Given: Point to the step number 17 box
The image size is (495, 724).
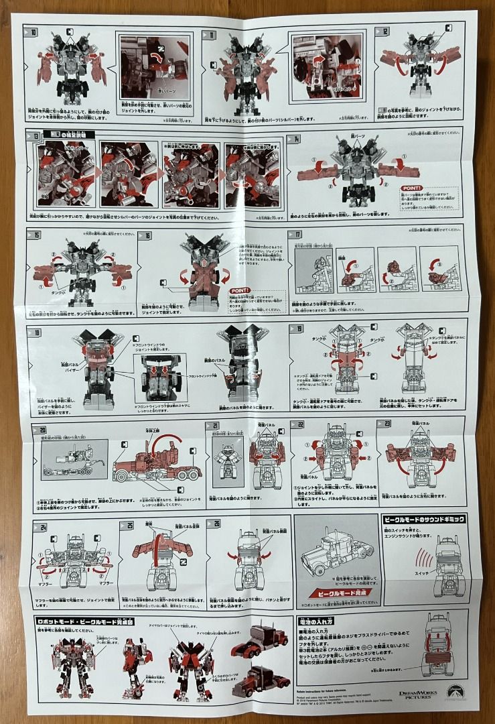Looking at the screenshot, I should click(299, 234).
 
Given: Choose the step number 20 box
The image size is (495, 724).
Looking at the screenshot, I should click(42, 429).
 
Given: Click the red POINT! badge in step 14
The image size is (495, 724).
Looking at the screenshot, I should click(412, 188).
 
